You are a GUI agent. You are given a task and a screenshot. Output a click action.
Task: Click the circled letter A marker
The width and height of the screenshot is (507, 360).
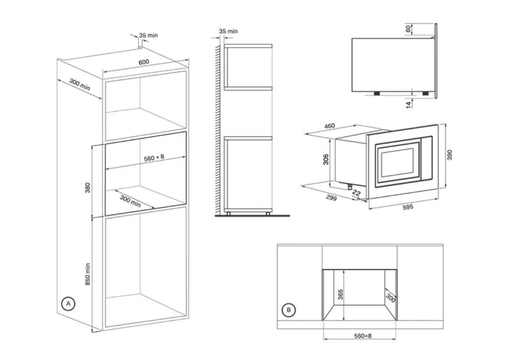[68, 304]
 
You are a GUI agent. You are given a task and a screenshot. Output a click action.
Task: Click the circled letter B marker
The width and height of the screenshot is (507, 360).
[289, 310]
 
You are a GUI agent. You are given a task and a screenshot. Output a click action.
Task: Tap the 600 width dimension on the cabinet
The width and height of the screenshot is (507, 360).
[144, 62]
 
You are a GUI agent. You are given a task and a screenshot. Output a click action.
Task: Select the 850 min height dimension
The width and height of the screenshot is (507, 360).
[87, 274]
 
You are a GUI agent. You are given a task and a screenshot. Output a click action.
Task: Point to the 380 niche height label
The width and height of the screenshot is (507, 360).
[87, 187]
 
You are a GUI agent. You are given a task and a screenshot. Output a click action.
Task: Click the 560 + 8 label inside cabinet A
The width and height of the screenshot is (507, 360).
[154, 157]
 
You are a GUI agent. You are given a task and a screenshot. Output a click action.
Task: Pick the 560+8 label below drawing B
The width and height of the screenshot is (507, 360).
[363, 336]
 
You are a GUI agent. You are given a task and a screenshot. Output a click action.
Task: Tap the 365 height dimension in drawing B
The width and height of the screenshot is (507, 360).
[340, 294]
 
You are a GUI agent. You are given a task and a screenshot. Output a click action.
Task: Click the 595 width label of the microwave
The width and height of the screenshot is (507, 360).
[408, 207]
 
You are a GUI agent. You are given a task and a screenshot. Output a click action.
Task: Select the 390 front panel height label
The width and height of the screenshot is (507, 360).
[450, 155]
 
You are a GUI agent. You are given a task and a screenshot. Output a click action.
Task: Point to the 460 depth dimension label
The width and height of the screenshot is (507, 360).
[329, 126]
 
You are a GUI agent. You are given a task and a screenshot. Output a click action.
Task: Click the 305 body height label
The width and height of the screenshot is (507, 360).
[326, 159]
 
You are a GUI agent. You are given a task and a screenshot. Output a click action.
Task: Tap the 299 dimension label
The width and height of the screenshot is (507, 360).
[331, 197]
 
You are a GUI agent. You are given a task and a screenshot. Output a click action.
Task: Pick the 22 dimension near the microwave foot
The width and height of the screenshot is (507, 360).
[356, 193]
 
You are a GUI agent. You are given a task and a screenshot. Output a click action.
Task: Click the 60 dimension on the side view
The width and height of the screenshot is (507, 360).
[408, 29]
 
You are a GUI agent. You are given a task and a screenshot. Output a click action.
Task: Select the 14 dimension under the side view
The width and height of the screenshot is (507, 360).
[409, 105]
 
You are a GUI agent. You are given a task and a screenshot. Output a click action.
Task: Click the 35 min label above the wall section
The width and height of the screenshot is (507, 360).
[228, 31]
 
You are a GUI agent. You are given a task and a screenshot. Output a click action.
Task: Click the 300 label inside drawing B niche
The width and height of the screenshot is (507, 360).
[391, 298]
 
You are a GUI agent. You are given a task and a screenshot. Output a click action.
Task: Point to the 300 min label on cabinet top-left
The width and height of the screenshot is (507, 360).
[80, 85]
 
